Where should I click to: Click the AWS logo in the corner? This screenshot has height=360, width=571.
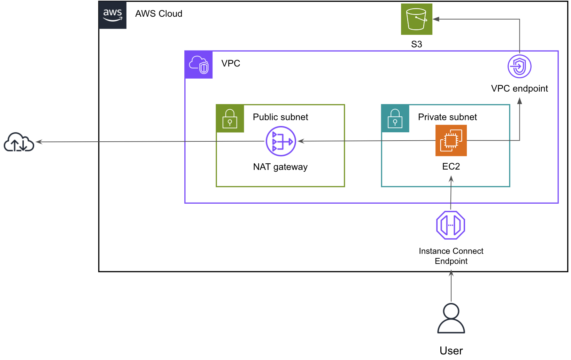113,15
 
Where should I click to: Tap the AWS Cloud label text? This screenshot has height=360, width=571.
159,14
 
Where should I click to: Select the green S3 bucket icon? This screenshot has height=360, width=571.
416,19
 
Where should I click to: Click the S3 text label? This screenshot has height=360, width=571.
416,44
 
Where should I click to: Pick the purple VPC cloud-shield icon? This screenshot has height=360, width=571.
199,65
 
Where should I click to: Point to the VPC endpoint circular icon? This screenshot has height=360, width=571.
519,66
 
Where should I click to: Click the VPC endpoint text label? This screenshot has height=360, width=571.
519,88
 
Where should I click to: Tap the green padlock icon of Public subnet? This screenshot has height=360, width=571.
230,119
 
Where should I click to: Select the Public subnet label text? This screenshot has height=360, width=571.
280,117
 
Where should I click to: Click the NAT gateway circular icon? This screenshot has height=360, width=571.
281,141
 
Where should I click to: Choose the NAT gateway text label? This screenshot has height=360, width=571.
280,167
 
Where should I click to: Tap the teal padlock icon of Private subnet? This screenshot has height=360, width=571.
395,119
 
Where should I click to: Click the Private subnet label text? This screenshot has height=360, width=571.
447,117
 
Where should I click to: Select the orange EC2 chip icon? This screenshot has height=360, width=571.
451,140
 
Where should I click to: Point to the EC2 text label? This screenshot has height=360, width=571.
451,166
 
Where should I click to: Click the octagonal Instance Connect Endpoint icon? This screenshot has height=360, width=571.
450,225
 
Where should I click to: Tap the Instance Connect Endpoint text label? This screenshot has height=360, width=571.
451,256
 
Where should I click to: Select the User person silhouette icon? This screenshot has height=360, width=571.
451,318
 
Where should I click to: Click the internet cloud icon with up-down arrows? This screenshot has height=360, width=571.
19,142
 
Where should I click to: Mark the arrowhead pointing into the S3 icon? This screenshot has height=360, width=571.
436,19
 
